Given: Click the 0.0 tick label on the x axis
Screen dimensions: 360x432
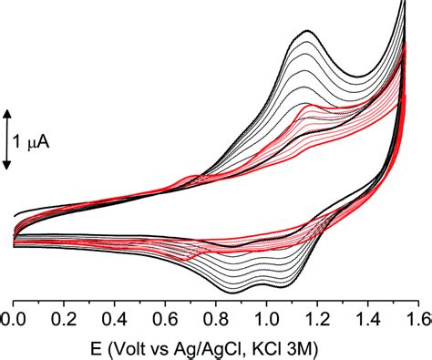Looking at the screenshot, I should (x=14, y=319).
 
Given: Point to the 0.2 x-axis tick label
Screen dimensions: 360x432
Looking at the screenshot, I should (x=63, y=319).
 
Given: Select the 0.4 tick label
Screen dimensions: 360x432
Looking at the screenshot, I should (x=114, y=319).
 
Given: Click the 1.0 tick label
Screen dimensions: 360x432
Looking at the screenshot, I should (x=265, y=319).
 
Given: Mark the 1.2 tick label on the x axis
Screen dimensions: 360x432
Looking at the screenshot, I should (x=315, y=319).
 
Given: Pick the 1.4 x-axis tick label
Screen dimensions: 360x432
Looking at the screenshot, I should (x=365, y=319).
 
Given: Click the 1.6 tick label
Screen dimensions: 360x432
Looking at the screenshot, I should (x=415, y=319).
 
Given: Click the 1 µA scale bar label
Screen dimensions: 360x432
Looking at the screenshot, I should (x=33, y=139).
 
